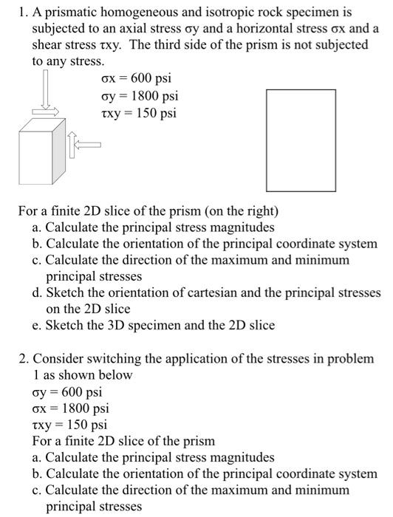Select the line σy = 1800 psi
click(140, 96)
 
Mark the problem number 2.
click(22, 358)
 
